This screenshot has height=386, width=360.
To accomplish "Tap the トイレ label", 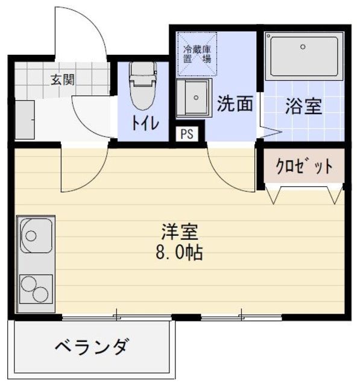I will pos(145,123).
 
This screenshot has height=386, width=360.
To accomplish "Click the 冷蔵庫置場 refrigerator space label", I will pos(197,54).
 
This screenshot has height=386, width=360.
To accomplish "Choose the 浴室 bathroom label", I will pos(303,107).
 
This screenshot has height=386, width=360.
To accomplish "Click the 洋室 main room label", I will pos(180,230).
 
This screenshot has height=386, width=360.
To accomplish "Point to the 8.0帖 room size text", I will pos(180,251).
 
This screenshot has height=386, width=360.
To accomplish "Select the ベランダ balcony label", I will pos(91,347).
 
